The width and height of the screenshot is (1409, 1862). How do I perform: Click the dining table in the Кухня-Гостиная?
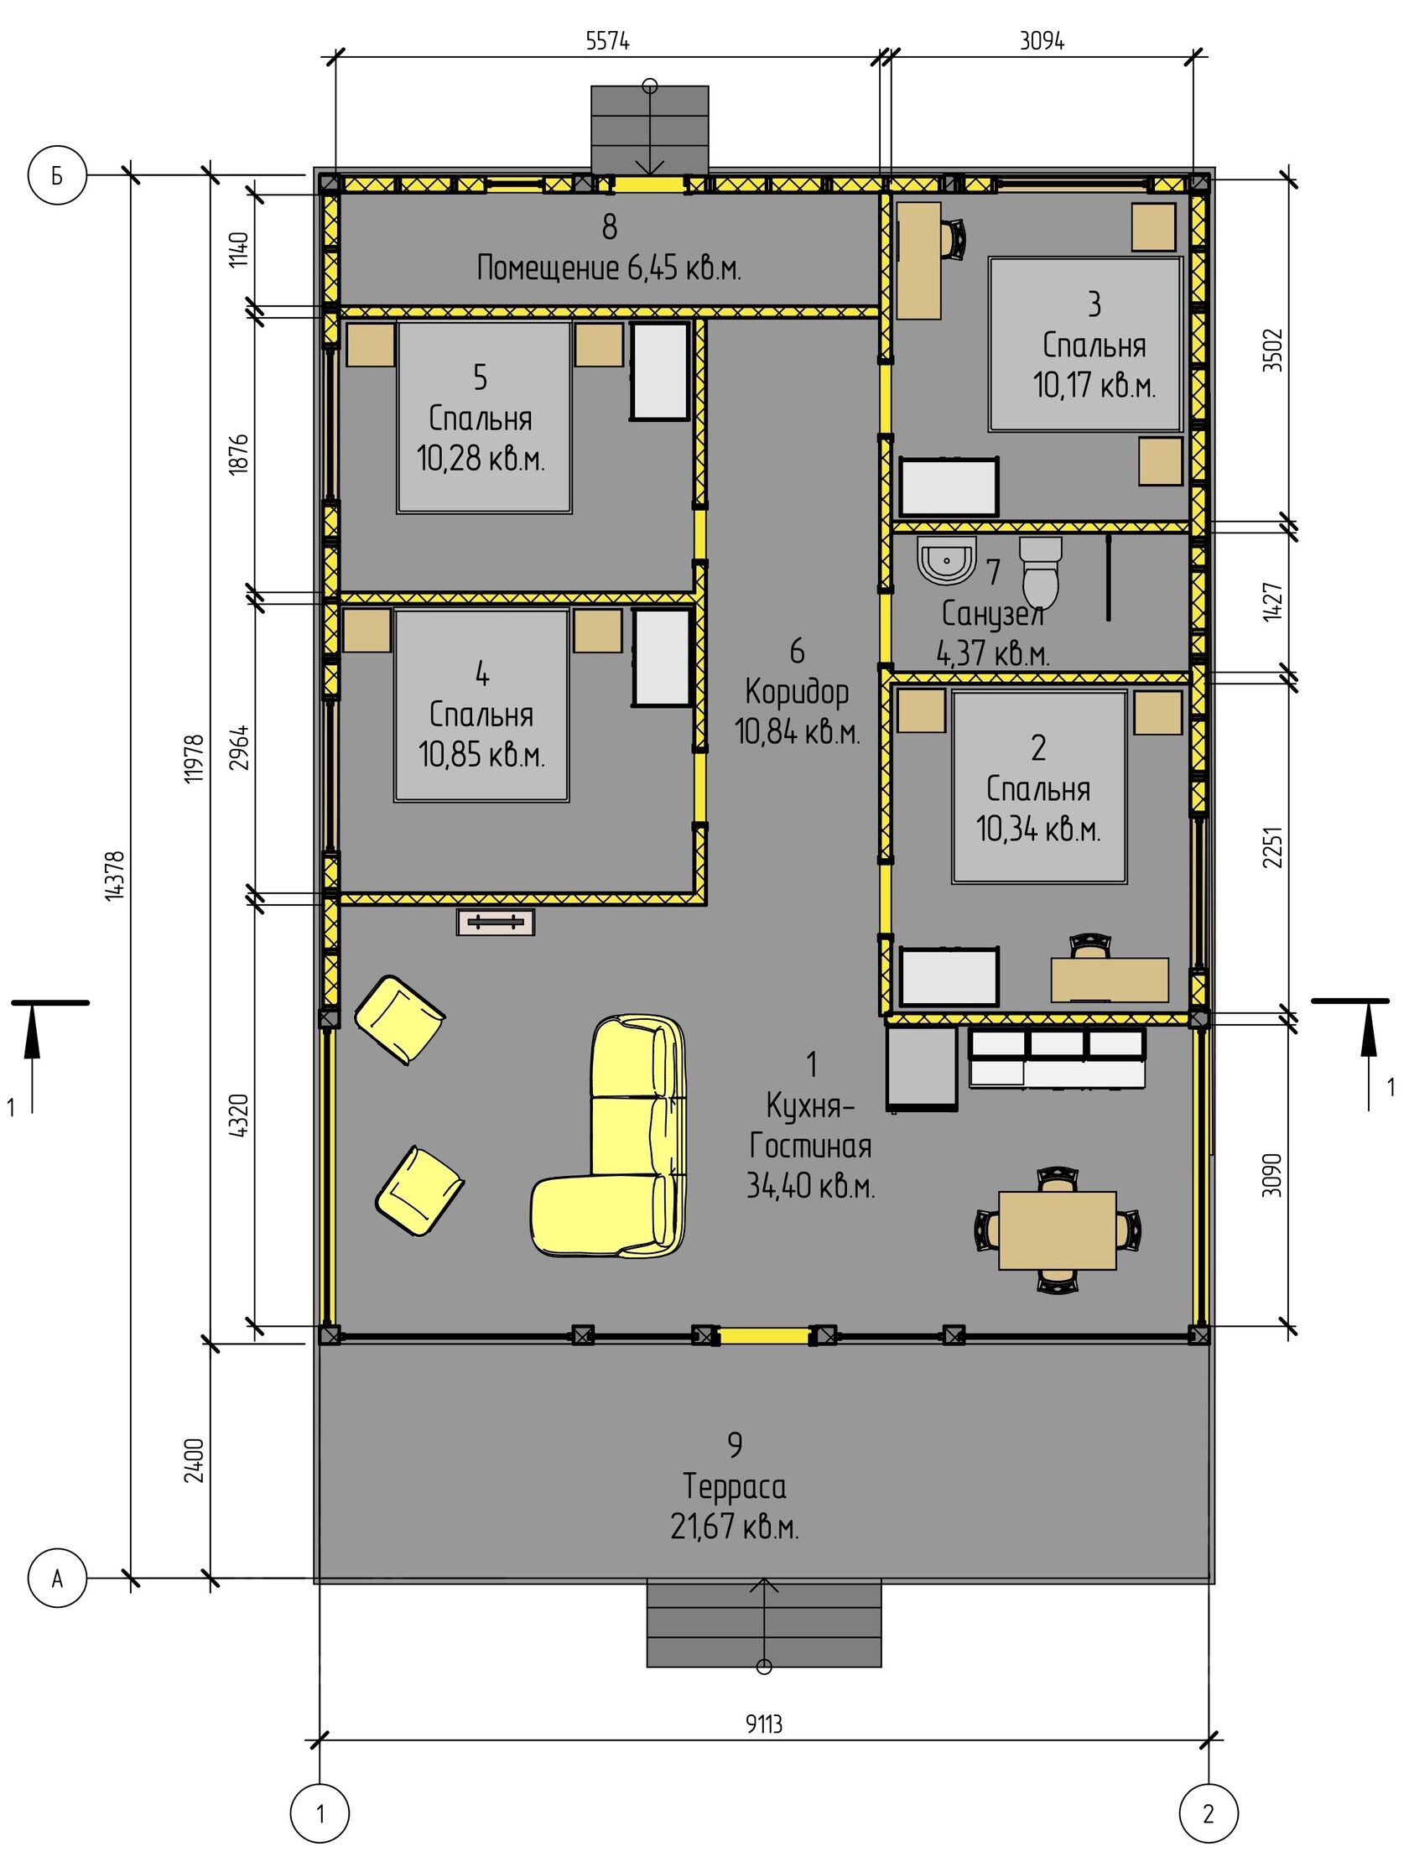pyautogui.click(x=1058, y=1230)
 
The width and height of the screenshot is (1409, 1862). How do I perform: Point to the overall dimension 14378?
pyautogui.click(x=115, y=876)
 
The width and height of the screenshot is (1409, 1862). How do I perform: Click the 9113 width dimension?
pyautogui.click(x=763, y=1724)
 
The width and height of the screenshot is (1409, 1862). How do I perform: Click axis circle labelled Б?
pyautogui.click(x=57, y=175)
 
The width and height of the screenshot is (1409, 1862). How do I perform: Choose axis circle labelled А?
pyautogui.click(x=57, y=1579)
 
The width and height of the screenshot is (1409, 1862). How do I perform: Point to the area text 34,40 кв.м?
pyautogui.click(x=810, y=1186)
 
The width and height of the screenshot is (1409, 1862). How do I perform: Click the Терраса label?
pyautogui.click(x=735, y=1485)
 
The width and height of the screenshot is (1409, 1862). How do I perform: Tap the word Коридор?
pyautogui.click(x=797, y=693)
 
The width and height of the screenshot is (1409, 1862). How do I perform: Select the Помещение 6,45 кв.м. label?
pyautogui.click(x=609, y=268)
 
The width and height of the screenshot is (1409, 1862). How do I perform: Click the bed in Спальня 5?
pyautogui.click(x=484, y=418)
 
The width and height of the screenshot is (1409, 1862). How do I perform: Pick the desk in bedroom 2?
pyautogui.click(x=1110, y=980)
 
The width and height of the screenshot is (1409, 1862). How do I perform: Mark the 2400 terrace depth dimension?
pyautogui.click(x=195, y=1460)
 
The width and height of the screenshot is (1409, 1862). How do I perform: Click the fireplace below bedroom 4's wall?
pyautogui.click(x=496, y=922)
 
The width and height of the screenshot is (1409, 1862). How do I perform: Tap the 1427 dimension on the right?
pyautogui.click(x=1272, y=602)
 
